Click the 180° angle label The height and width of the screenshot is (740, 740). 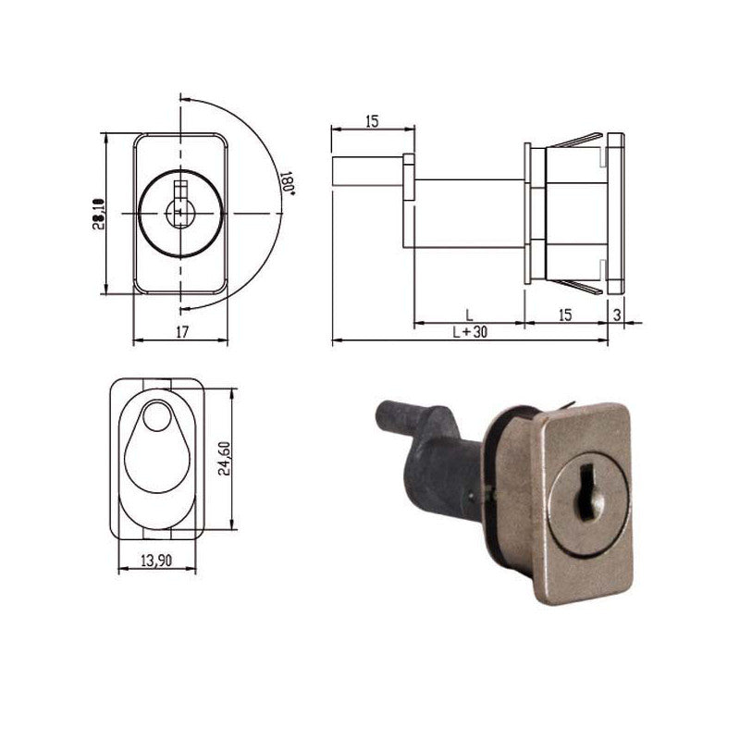[289, 183]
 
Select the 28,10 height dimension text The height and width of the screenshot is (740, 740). [98, 214]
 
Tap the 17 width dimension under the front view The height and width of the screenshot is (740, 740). [182, 332]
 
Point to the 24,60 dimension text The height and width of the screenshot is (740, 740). [225, 458]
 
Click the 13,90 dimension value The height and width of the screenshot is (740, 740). [156, 561]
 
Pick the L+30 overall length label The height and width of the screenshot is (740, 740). [470, 332]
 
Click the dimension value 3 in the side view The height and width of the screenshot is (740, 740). [617, 315]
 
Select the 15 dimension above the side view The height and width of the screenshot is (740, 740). [372, 121]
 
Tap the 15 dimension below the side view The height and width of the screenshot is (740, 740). [565, 314]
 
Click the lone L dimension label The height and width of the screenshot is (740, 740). [469, 314]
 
